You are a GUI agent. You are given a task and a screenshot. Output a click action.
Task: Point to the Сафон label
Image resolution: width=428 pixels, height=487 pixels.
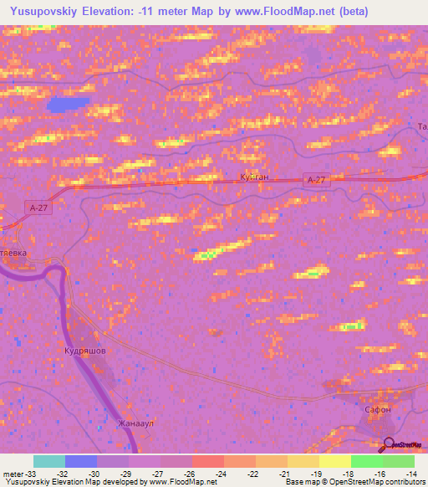click(x=378, y=410)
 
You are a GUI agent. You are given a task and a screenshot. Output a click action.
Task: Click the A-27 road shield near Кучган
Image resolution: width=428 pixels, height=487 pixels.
click(x=316, y=180)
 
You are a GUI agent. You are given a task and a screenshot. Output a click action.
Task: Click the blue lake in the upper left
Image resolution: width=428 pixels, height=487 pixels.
click(x=67, y=105)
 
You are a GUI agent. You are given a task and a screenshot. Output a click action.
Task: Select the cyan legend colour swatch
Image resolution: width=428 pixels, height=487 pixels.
click(x=49, y=461)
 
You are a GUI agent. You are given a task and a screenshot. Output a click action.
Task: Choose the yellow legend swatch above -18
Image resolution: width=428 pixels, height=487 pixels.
click(x=335, y=461)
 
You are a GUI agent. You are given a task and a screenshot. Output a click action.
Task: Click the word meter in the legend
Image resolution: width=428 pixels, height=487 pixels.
click(x=12, y=473)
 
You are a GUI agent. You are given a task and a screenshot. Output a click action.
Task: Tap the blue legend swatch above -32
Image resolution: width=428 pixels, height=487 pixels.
click(x=81, y=461)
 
